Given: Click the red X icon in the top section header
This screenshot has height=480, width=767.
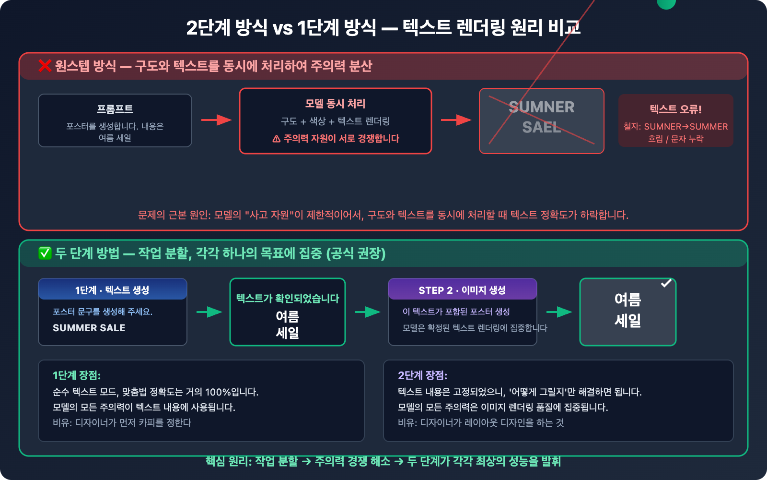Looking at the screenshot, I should (x=45, y=66).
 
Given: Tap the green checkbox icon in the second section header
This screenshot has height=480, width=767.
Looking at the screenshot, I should (x=45, y=253).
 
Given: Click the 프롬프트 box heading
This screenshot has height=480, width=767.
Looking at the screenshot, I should (x=115, y=109).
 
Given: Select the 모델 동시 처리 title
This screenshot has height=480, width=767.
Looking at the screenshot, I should (x=336, y=104).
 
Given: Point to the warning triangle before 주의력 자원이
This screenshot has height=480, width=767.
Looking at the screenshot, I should (x=276, y=139).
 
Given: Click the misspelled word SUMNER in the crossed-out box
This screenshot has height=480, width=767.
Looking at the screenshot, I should (x=542, y=107).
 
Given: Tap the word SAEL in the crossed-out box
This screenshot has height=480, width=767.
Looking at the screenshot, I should (x=542, y=127).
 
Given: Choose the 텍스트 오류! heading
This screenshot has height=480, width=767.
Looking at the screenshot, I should (x=675, y=109).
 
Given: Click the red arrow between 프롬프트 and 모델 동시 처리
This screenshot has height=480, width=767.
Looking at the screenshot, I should (x=216, y=120).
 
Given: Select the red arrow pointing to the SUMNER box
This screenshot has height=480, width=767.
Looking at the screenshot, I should (x=456, y=120).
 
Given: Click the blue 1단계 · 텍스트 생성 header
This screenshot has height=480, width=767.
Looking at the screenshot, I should (x=113, y=290).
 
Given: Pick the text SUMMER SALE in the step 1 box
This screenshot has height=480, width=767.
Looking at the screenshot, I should (x=89, y=328).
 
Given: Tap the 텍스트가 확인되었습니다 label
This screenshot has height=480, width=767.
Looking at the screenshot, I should (x=288, y=299).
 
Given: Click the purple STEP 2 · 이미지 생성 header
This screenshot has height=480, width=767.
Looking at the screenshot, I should (x=462, y=290).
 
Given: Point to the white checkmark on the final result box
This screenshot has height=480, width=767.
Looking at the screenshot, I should (x=666, y=283).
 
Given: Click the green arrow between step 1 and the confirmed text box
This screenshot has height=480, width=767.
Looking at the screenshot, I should (x=209, y=312).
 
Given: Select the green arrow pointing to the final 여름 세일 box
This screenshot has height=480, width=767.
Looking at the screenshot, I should (x=559, y=312).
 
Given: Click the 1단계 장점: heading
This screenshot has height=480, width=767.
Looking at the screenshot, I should (x=77, y=375).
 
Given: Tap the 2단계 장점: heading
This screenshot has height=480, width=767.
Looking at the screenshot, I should (x=422, y=375).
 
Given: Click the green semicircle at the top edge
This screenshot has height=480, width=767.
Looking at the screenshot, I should (x=666, y=4).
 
